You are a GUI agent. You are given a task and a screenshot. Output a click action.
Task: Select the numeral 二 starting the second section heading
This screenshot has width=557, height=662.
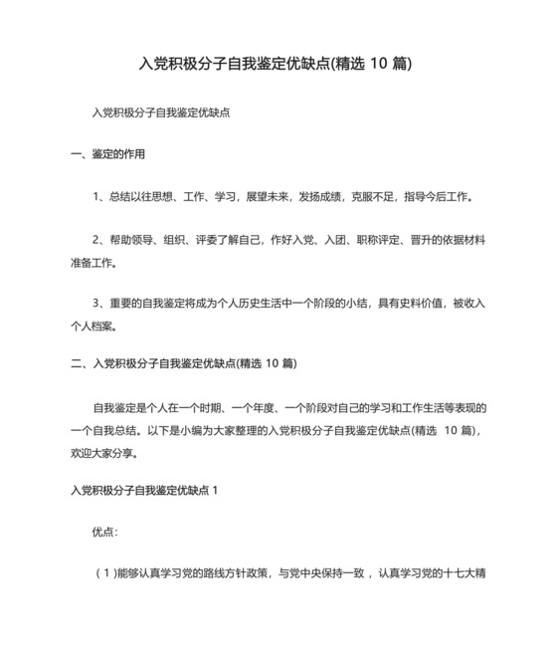pyautogui.click(x=76, y=364)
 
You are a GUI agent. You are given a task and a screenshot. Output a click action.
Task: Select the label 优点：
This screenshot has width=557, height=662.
pyautogui.click(x=104, y=533)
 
